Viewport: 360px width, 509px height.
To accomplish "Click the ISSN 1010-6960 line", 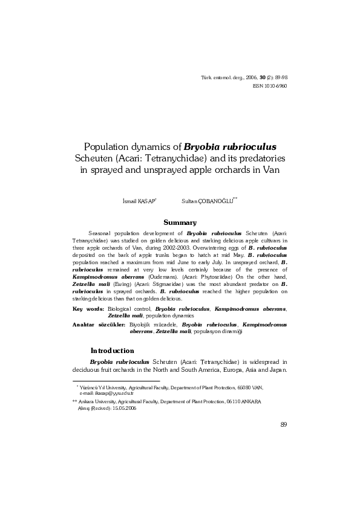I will tap(269, 86).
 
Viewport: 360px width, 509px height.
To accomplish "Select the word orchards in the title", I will tap(237, 170).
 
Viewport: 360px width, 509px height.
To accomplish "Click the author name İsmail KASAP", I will tap(138, 199).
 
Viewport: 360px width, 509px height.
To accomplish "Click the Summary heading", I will tap(180, 223).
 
